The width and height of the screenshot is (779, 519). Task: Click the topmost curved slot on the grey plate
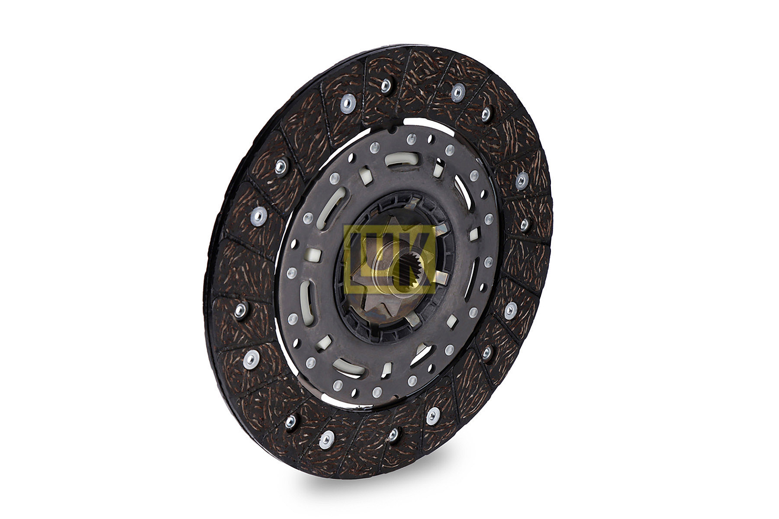coord(402,159)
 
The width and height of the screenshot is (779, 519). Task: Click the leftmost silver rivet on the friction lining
coord(241,309)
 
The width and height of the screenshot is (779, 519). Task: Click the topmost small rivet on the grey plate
coord(411,139)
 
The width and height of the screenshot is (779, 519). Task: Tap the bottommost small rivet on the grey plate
coord(377,392)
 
